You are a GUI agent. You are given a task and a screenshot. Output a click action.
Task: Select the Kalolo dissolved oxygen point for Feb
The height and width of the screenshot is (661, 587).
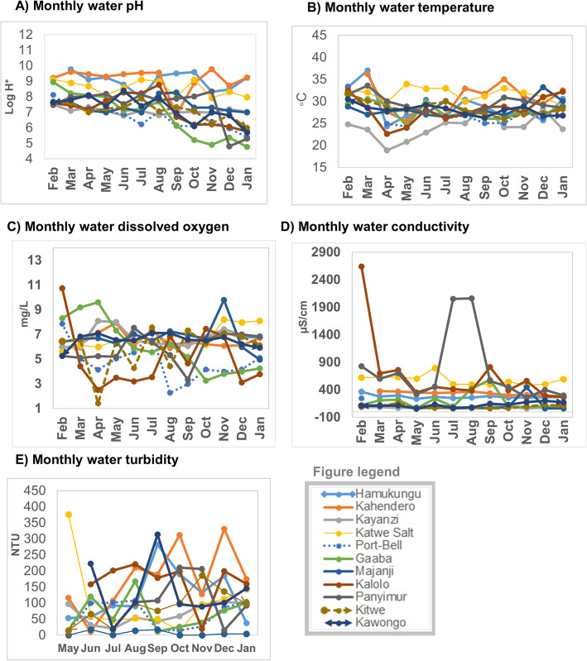point(62,288)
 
